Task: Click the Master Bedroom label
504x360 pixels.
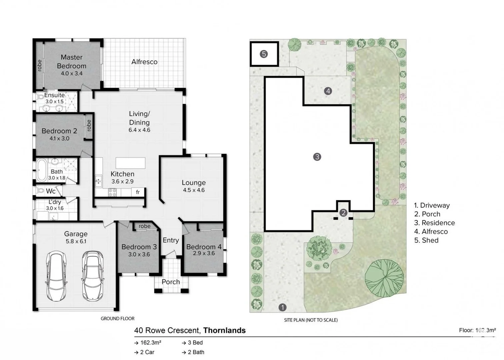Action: pyautogui.click(x=71, y=62)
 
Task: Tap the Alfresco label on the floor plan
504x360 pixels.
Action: pyautogui.click(x=144, y=62)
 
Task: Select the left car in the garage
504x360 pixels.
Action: pyautogui.click(x=56, y=276)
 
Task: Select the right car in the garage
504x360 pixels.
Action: pyautogui.click(x=92, y=276)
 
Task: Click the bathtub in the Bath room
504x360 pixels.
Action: pyautogui.click(x=42, y=170)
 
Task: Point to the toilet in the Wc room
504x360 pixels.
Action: pyautogui.click(x=40, y=191)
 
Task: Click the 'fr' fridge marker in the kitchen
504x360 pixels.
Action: pyautogui.click(x=138, y=192)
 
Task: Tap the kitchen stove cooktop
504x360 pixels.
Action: pyautogui.click(x=112, y=192)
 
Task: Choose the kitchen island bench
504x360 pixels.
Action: pyautogui.click(x=130, y=163)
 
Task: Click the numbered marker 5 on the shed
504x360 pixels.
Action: pyautogui.click(x=264, y=54)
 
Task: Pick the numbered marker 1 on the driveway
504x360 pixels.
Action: pyautogui.click(x=282, y=307)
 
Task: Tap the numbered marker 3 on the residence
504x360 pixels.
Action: pyautogui.click(x=317, y=157)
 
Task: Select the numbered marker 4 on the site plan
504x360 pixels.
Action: pyautogui.click(x=328, y=91)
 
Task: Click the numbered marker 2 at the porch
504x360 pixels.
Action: pyautogui.click(x=343, y=213)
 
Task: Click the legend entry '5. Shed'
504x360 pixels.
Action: pyautogui.click(x=426, y=240)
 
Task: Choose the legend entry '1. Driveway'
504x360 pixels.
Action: pyautogui.click(x=432, y=205)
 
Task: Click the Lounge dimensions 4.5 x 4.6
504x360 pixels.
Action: pyautogui.click(x=194, y=190)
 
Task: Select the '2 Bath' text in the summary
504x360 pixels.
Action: pyautogui.click(x=196, y=352)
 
